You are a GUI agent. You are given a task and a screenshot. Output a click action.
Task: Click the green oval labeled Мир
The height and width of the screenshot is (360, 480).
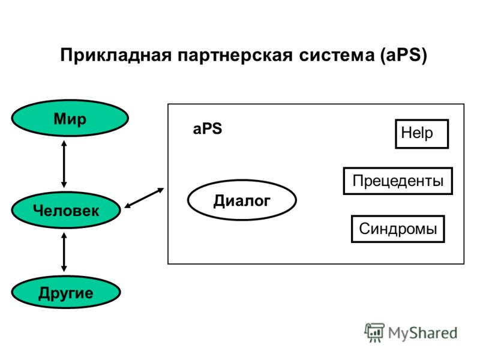(70, 118)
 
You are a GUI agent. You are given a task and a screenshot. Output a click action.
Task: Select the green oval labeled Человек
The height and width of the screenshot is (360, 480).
(66, 210)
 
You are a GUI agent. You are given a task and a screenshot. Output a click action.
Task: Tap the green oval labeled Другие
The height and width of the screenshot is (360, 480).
(66, 292)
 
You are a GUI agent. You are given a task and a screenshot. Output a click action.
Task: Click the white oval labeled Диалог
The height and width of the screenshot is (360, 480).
(242, 200)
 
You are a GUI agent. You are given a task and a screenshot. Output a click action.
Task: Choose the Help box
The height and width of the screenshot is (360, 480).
(422, 134)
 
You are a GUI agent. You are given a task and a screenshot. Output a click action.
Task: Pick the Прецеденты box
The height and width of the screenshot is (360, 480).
(398, 181)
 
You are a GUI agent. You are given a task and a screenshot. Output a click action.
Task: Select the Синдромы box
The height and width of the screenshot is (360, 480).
(398, 229)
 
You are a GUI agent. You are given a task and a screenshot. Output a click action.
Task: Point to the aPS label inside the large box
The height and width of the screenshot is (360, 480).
(207, 128)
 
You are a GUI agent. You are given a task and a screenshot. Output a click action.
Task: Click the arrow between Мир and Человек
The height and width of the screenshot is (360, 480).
(64, 164)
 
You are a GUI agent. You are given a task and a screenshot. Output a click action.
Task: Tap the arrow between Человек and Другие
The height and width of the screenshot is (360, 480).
(64, 252)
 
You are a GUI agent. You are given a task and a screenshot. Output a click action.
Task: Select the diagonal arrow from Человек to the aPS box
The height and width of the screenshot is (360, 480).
(144, 198)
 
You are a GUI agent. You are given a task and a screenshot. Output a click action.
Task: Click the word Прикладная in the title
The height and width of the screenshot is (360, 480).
(116, 55)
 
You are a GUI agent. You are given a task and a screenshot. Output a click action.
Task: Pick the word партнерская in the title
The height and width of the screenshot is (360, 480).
(235, 55)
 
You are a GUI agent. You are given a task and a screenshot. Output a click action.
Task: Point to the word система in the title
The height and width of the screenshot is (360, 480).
(337, 55)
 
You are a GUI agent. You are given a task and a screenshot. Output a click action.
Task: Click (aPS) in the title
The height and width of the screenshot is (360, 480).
(403, 55)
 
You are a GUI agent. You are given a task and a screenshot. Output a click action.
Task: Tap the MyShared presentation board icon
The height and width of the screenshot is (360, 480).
(374, 332)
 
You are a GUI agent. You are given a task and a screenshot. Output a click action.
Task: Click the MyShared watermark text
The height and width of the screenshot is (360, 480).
(422, 333)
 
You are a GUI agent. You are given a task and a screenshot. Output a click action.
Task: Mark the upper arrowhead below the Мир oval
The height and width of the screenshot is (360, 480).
(64, 143)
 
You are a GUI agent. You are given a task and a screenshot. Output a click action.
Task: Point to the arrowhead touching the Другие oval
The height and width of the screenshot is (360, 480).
(64, 268)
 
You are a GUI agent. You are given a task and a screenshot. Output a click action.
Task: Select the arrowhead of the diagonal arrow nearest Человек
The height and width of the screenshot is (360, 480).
(127, 206)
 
